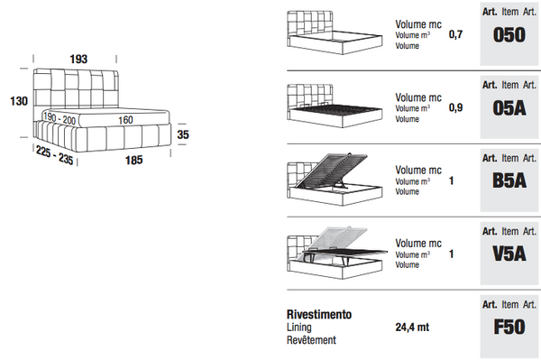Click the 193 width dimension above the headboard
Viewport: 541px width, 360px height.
pyautogui.click(x=78, y=59)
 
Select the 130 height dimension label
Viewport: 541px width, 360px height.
pyautogui.click(x=12, y=101)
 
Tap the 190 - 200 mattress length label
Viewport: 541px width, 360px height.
pyautogui.click(x=60, y=118)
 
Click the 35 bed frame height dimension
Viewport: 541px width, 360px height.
pyautogui.click(x=184, y=134)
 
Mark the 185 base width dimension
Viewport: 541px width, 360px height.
pyautogui.click(x=133, y=161)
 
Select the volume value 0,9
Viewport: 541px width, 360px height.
pyautogui.click(x=455, y=107)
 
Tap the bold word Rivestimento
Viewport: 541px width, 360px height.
pyautogui.click(x=319, y=315)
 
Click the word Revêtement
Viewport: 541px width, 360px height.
pyautogui.click(x=311, y=340)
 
